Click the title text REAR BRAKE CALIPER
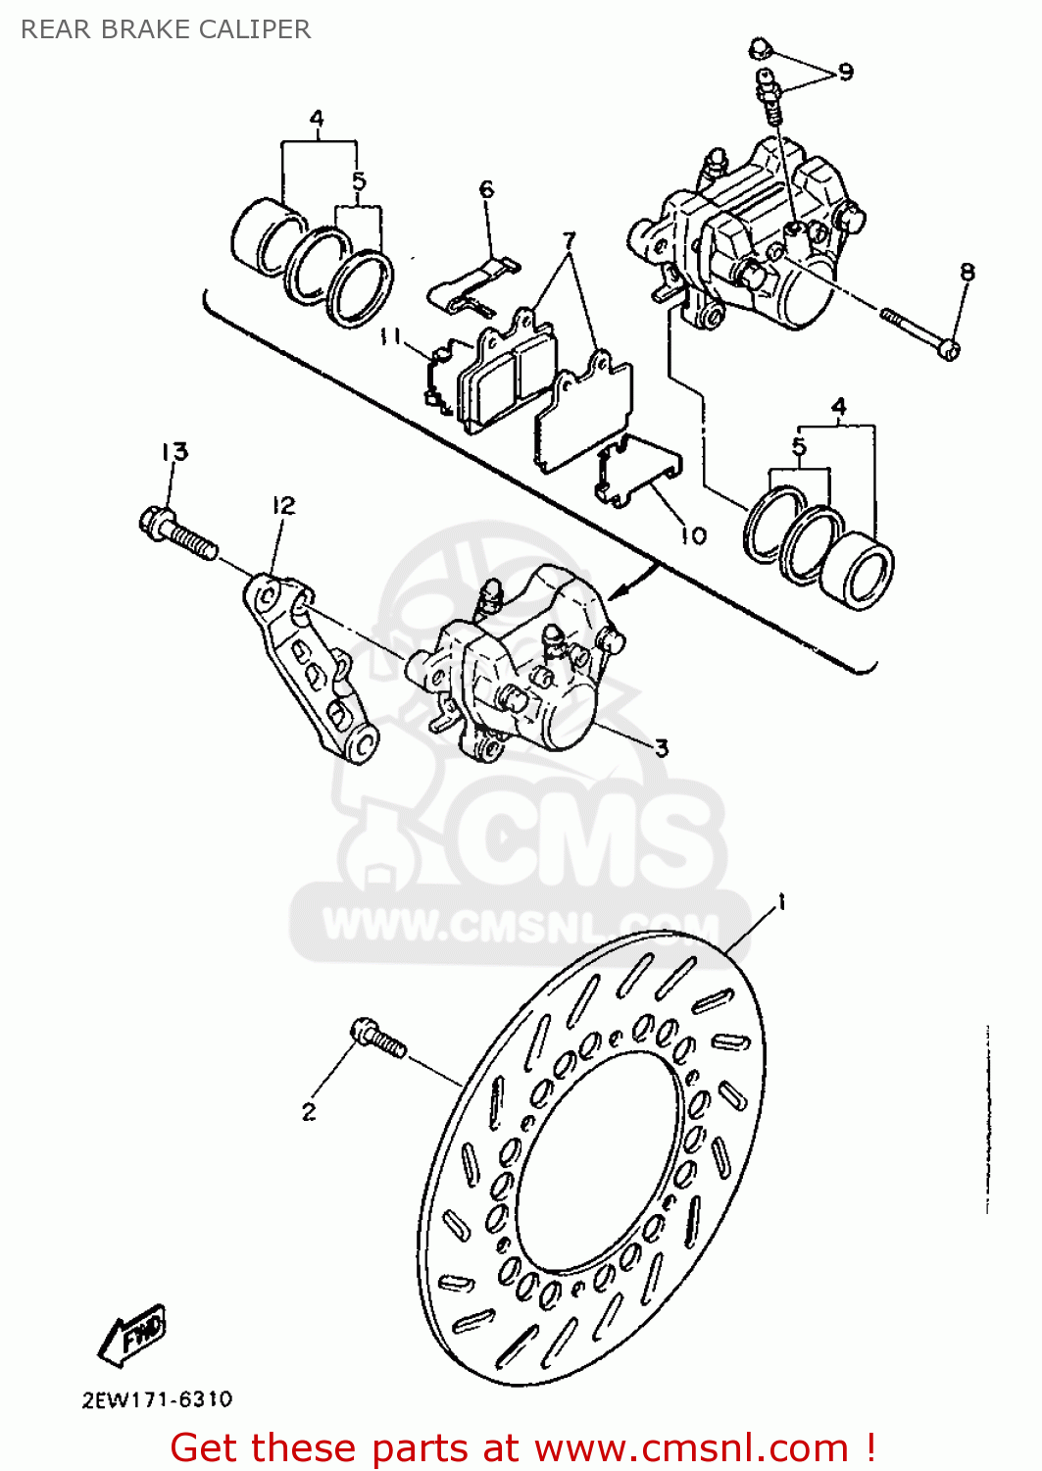point(166,29)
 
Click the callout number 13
point(174,452)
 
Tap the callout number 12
point(283,505)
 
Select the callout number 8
point(967,272)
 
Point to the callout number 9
point(845,72)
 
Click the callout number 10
point(693,535)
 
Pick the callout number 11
point(391,336)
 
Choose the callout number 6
point(486,188)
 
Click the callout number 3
point(662,747)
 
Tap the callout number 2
point(309,1111)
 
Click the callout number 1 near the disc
point(781,901)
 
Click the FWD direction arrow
point(132,1335)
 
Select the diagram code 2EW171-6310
point(157,1399)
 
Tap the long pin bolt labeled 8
point(919,332)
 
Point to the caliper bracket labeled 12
point(308,667)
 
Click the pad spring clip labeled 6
point(473,284)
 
